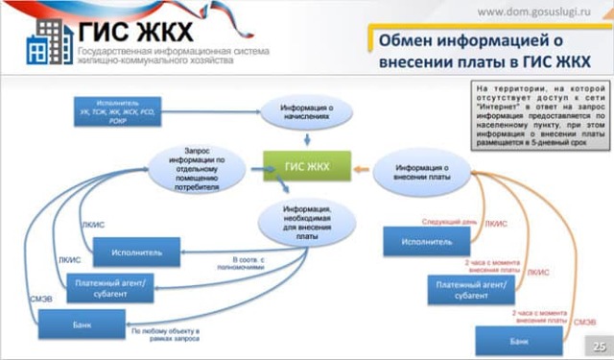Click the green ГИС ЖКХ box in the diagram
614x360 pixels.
[x=306, y=166]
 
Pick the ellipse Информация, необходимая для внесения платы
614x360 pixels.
[x=307, y=222]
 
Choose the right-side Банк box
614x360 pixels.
[x=519, y=341]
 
